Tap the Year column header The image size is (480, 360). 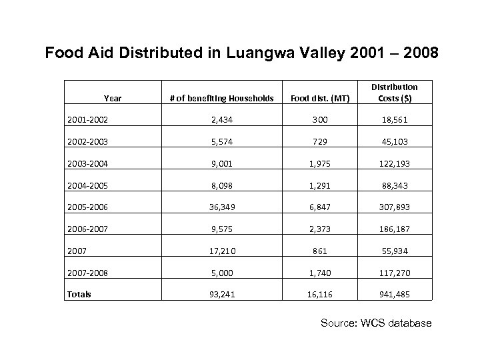(x=113, y=99)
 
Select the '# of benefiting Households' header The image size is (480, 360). (x=222, y=99)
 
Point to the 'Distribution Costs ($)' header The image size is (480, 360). (x=395, y=93)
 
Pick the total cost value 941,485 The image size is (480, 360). (x=395, y=294)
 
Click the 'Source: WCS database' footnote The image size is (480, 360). (x=376, y=323)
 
